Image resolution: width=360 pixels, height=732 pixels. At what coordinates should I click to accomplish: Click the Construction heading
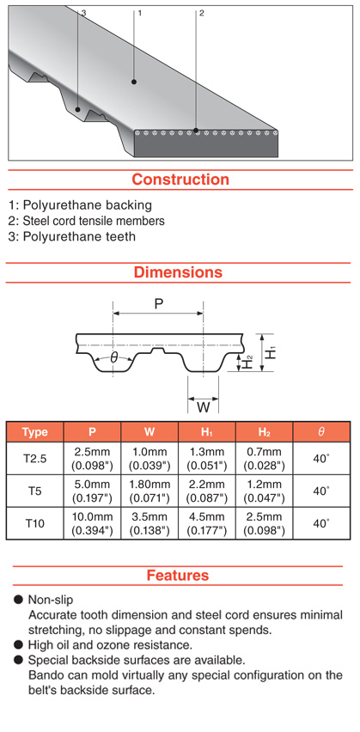tap(180, 180)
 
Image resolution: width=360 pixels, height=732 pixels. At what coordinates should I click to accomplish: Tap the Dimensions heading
tap(179, 271)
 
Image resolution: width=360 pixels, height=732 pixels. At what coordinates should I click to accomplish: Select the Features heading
tap(178, 575)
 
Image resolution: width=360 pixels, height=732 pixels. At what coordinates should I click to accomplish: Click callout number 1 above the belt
tap(139, 13)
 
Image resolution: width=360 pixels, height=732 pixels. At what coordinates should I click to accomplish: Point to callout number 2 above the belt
tap(201, 13)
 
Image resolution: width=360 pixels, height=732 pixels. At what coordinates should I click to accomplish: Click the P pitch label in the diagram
tap(159, 304)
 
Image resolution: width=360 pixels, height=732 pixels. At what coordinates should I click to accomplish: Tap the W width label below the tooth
tap(203, 407)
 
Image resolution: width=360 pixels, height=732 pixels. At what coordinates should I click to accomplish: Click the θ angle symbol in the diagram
tap(113, 358)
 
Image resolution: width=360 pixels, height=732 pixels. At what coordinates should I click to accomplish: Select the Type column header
tap(35, 432)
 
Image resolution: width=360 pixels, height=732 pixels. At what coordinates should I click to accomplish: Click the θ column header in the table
tap(320, 432)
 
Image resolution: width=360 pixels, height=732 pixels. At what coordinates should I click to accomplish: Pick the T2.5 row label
tap(35, 459)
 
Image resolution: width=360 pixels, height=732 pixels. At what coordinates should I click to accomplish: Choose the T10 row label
tap(35, 523)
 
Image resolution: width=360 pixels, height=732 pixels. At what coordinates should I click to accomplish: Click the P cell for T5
tap(93, 491)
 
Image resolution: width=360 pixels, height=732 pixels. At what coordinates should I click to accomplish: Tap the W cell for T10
tap(149, 523)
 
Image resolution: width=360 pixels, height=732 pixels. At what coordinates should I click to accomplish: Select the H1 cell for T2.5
tap(207, 459)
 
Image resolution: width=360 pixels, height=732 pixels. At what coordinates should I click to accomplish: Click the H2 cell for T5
tap(265, 491)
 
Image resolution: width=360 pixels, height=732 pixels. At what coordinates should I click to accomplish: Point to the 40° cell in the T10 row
tap(320, 523)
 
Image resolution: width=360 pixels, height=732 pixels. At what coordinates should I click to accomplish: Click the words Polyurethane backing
tap(88, 205)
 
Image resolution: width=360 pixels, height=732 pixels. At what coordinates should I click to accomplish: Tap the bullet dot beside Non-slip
tap(19, 599)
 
